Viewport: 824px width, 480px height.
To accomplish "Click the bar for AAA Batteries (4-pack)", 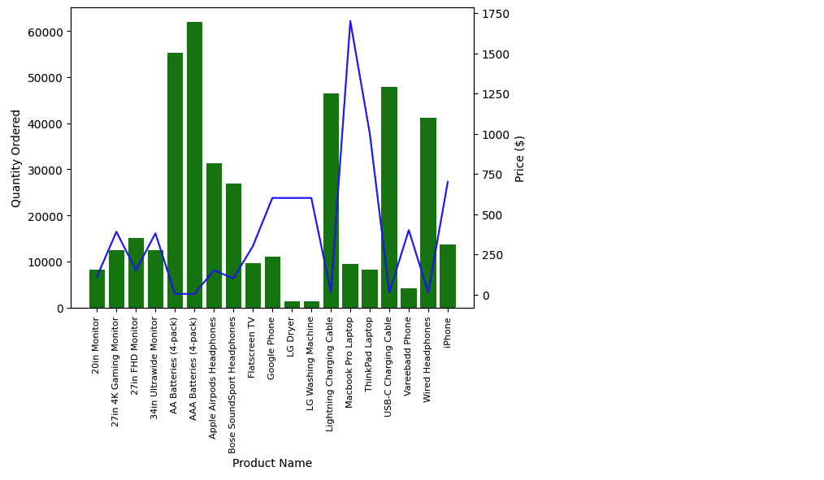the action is pyautogui.click(x=194, y=165).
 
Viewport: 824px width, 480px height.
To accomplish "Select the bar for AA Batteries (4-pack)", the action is pyautogui.click(x=175, y=180).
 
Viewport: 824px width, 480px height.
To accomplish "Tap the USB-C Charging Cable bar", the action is pyautogui.click(x=389, y=197).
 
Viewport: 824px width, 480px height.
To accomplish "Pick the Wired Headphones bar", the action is pyautogui.click(x=428, y=214).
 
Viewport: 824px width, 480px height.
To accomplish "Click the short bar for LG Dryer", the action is pyautogui.click(x=293, y=305).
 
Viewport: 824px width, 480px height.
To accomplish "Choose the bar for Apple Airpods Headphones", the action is pyautogui.click(x=214, y=236).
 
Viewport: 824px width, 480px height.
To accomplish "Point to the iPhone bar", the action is pyautogui.click(x=448, y=276).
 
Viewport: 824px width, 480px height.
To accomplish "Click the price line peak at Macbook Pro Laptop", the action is pyautogui.click(x=350, y=21).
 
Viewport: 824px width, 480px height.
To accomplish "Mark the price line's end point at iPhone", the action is pyautogui.click(x=448, y=182).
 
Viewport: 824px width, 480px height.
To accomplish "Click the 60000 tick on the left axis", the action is pyautogui.click(x=46, y=32).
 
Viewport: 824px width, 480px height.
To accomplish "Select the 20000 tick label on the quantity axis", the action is pyautogui.click(x=46, y=216).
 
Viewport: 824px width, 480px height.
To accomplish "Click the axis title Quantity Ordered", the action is pyautogui.click(x=15, y=158).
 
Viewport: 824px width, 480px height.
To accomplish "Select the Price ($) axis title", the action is pyautogui.click(x=520, y=159).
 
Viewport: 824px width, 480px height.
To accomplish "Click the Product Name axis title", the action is pyautogui.click(x=272, y=463).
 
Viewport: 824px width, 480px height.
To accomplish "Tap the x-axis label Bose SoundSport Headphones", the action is pyautogui.click(x=232, y=386).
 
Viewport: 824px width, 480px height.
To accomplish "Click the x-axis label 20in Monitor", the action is pyautogui.click(x=96, y=345).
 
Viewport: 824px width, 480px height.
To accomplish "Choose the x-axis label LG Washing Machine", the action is pyautogui.click(x=310, y=364).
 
